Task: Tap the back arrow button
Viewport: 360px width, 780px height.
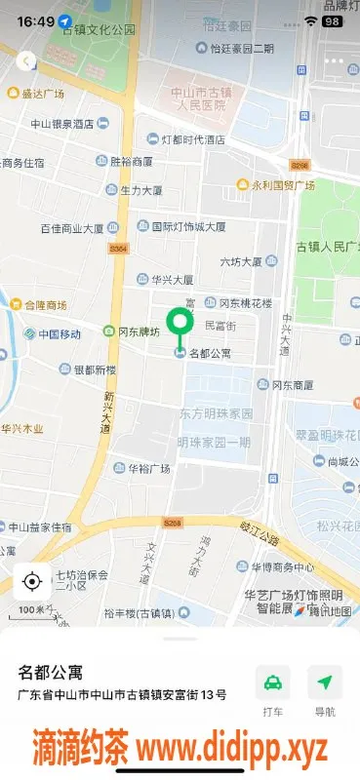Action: tap(25, 60)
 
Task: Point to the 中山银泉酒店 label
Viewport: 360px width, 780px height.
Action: tap(61, 124)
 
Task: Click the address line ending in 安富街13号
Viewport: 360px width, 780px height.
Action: tap(123, 695)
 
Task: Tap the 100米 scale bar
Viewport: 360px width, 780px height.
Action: tap(32, 610)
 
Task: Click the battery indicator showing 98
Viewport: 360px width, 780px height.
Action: tap(334, 20)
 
